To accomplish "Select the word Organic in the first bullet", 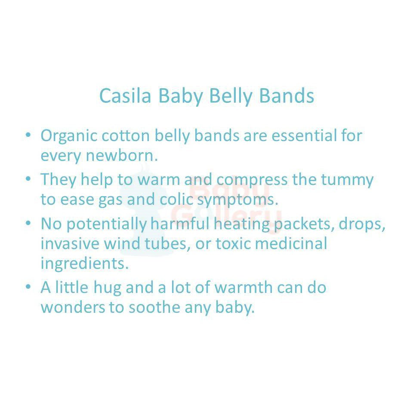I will (69, 136).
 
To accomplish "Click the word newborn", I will (122, 155).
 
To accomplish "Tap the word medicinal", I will (291, 243).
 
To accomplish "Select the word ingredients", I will (85, 264).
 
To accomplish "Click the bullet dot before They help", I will (28, 178).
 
